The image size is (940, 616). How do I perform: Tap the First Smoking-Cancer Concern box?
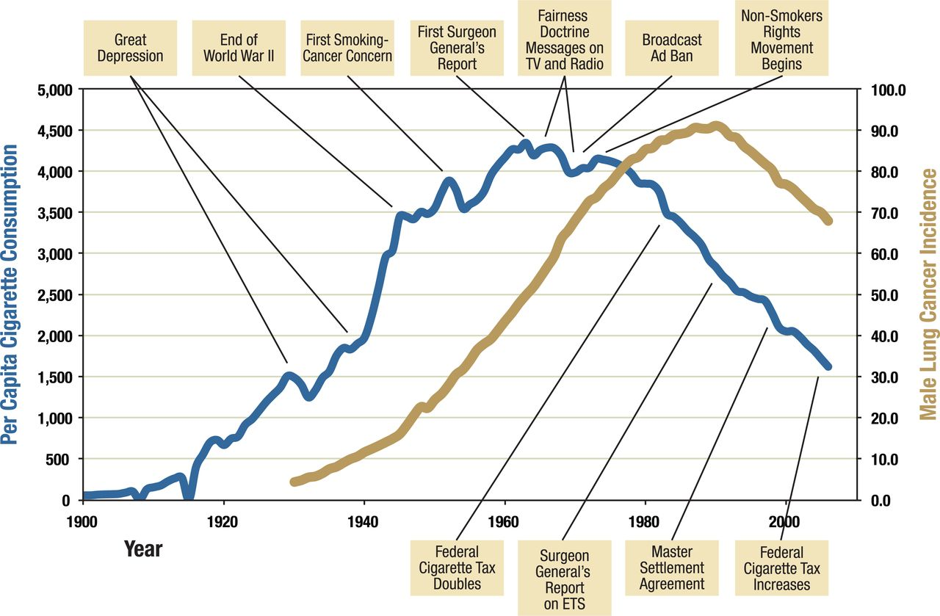tap(347, 47)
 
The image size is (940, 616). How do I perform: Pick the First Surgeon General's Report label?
tap(457, 48)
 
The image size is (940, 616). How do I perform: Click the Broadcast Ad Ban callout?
tap(672, 47)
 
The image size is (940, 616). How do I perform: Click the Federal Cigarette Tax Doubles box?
tap(457, 568)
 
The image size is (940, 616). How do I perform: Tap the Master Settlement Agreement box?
tap(672, 568)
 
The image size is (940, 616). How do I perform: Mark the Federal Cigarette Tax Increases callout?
tap(781, 568)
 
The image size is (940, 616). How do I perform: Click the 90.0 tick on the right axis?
tap(889, 131)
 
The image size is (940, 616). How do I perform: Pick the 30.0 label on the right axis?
tap(889, 377)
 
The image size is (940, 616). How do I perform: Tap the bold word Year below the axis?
tap(143, 548)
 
